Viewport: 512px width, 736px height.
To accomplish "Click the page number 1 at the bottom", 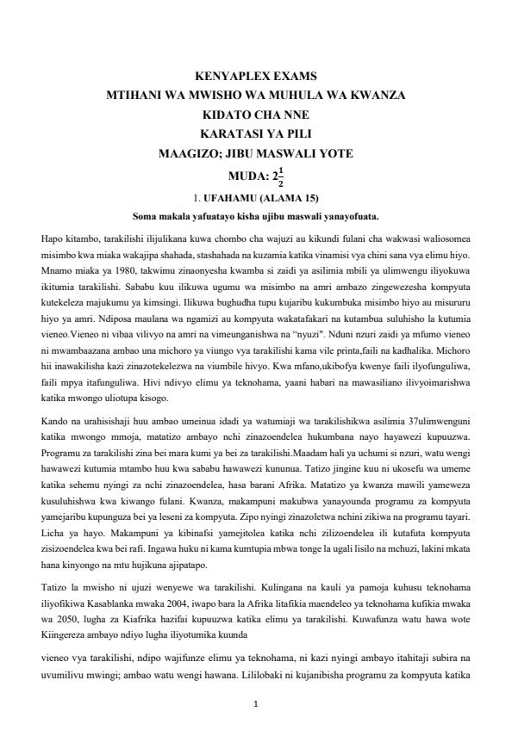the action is pos(256,703).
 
